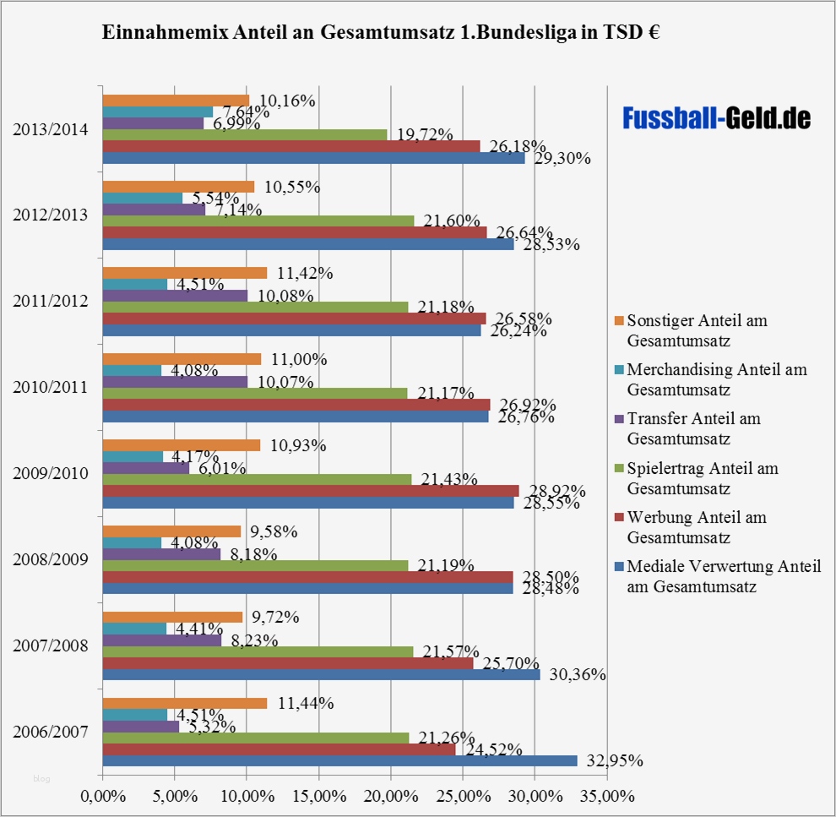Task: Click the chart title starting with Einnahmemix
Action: (x=381, y=33)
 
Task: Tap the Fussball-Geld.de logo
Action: (x=716, y=118)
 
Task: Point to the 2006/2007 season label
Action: (x=50, y=732)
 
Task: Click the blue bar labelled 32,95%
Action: (x=339, y=760)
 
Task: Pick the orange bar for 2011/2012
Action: (x=184, y=273)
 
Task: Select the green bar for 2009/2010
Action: (x=257, y=479)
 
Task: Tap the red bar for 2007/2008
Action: (x=287, y=663)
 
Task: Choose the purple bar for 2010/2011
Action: (x=175, y=382)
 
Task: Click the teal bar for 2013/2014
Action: (x=157, y=112)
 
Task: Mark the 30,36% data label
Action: (x=578, y=674)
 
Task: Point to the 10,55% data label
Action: (x=292, y=188)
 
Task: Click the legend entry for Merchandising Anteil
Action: (x=716, y=379)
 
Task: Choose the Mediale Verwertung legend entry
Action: (x=723, y=575)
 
